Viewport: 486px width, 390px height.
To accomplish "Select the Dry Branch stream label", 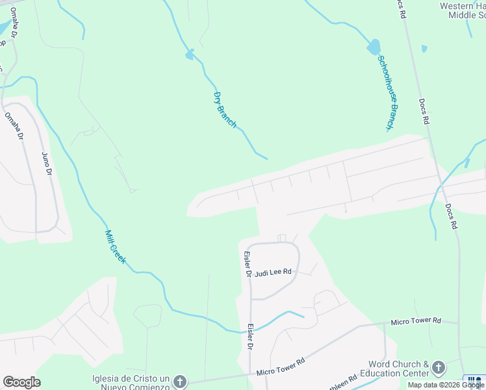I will (225, 109).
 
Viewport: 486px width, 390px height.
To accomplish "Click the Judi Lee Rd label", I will (274, 273).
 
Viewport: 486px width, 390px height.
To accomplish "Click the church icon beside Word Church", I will (438, 368).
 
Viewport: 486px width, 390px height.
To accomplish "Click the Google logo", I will (21, 382).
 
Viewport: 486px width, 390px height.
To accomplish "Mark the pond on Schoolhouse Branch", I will (374, 47).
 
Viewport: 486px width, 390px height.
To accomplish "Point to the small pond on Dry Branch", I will (190, 55).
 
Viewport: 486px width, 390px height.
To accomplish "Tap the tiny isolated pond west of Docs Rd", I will (424, 49).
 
